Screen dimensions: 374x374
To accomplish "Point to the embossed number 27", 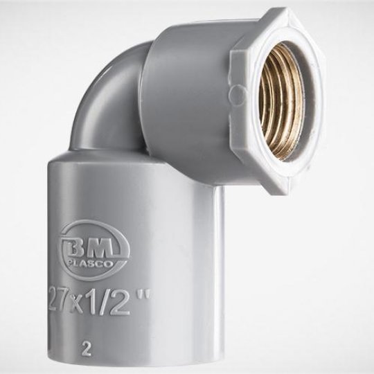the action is [57, 299].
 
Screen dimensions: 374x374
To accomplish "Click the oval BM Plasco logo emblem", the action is [95, 251].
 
